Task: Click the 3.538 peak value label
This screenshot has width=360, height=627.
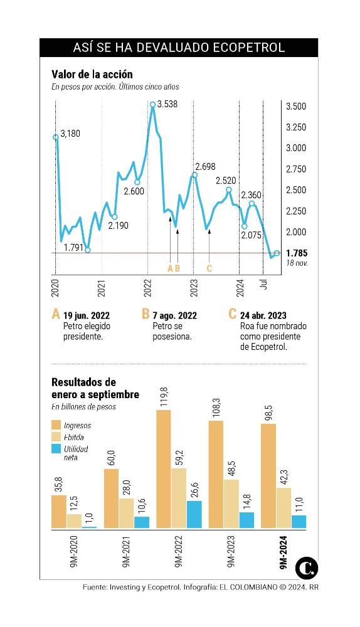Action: pyautogui.click(x=167, y=105)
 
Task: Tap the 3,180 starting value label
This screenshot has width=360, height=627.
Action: pyautogui.click(x=70, y=133)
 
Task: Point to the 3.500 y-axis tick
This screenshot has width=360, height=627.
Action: pyautogui.click(x=295, y=107)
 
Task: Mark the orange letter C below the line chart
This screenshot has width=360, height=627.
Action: pyautogui.click(x=209, y=268)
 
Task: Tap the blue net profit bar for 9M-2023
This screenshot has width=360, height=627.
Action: pyautogui.click(x=247, y=520)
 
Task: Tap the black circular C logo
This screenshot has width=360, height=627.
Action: pyautogui.click(x=307, y=567)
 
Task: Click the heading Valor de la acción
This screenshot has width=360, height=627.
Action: pyautogui.click(x=92, y=75)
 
